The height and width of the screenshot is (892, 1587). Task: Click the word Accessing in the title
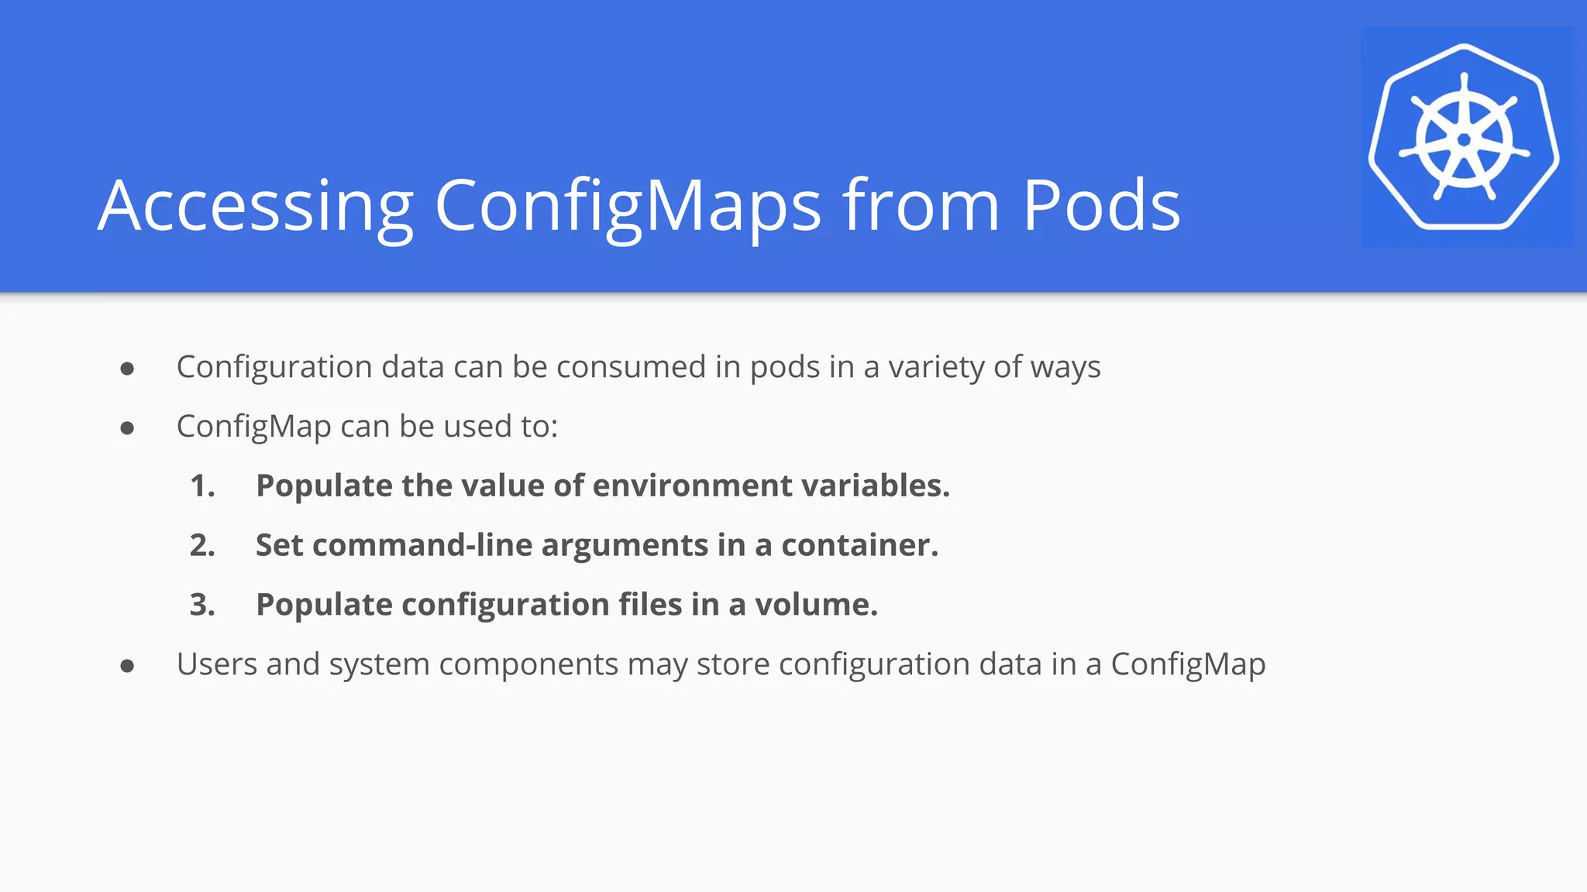[256, 206]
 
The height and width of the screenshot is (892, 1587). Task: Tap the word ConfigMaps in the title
[628, 206]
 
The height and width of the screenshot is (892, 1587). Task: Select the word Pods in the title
[1101, 206]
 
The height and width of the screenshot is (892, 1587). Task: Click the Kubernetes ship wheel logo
[1464, 138]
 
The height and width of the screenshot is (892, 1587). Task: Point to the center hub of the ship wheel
[1464, 140]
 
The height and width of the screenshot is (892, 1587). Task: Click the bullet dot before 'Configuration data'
[128, 369]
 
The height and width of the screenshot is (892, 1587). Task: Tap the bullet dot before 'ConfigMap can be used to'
[128, 428]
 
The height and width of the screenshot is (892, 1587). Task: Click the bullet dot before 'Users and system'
[128, 666]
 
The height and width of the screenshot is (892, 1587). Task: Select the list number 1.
[202, 486]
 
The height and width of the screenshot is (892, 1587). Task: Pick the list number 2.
[202, 546]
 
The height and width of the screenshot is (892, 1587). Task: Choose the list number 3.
[202, 605]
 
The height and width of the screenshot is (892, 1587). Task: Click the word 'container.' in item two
[859, 546]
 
